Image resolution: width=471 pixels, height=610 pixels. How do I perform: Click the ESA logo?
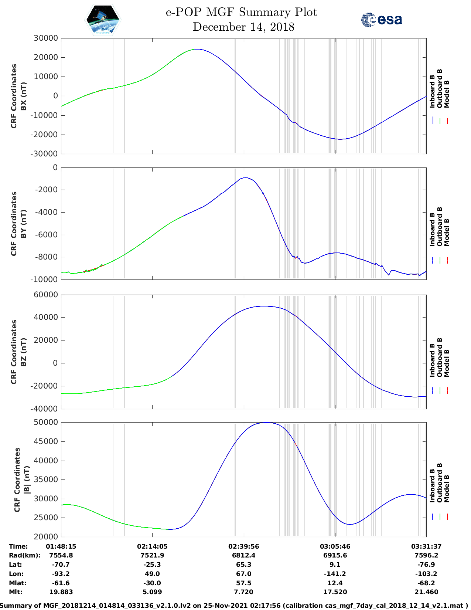381,20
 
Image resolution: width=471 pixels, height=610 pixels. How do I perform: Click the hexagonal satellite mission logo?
103,20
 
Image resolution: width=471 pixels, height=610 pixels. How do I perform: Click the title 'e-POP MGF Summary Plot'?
241,12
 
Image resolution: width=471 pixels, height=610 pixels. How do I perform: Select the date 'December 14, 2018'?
243,27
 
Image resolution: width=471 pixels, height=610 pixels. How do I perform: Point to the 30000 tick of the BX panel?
46,38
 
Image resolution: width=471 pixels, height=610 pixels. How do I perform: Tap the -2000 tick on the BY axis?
47,190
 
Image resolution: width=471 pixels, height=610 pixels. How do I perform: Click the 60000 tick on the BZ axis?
46,295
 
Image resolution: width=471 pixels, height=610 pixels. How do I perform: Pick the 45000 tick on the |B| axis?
46,441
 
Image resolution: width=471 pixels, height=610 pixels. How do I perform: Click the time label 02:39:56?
243,546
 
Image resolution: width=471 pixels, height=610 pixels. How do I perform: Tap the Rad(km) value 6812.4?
243,555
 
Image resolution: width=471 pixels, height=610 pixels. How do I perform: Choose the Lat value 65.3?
243,565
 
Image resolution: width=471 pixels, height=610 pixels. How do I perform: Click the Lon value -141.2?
335,574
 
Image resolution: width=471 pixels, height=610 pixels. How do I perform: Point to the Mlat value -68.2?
426,583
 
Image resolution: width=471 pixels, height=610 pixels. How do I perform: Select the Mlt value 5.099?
152,592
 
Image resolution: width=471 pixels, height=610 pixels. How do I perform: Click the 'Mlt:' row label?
16,592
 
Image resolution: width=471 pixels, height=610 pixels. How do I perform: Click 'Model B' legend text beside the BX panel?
447,94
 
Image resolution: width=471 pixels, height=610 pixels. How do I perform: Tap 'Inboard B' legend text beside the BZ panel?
432,360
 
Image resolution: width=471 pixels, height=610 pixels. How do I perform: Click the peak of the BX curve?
197,49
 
